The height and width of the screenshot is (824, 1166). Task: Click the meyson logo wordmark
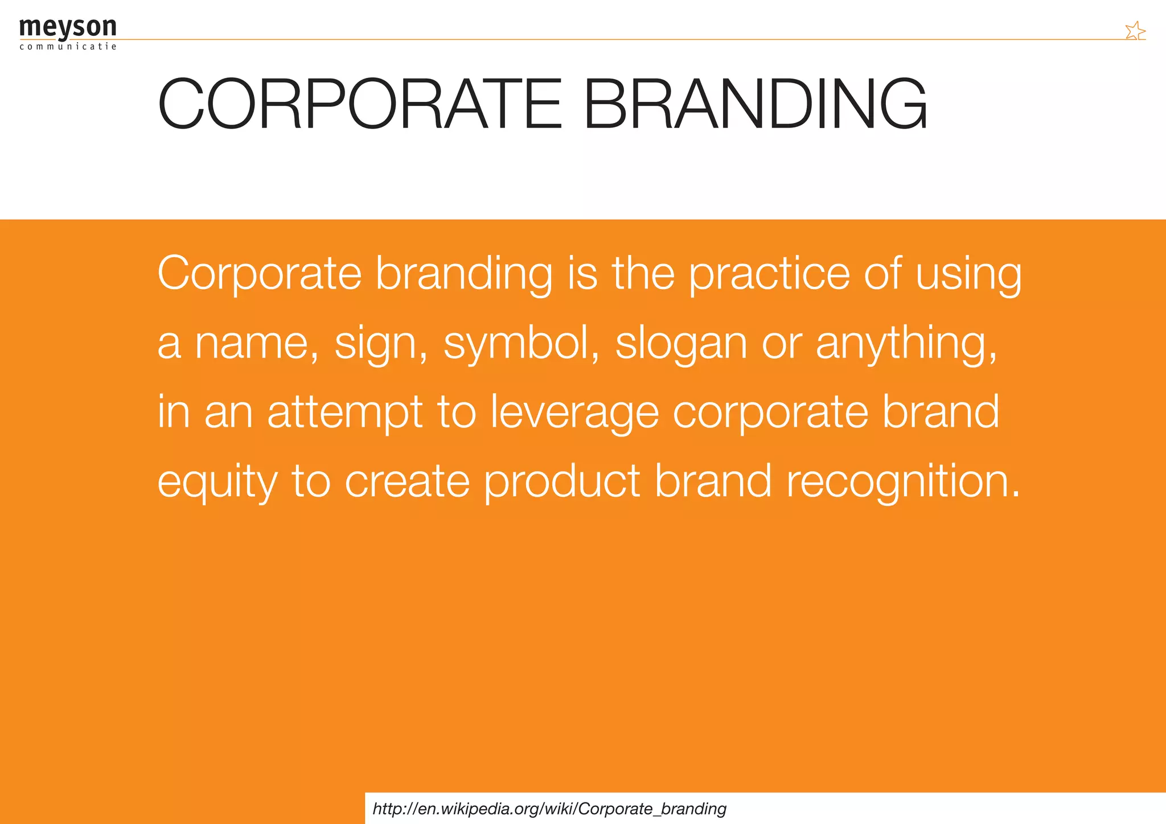point(67,27)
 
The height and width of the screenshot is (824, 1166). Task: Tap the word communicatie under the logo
point(68,47)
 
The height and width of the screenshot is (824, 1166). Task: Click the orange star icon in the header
point(1135,31)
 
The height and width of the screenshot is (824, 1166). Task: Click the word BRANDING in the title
point(755,105)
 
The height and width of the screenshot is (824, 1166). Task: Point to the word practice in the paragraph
point(769,274)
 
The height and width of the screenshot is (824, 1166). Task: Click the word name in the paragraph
point(256,344)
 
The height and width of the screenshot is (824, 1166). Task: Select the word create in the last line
point(407,481)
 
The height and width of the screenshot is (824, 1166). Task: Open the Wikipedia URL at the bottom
point(549,809)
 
